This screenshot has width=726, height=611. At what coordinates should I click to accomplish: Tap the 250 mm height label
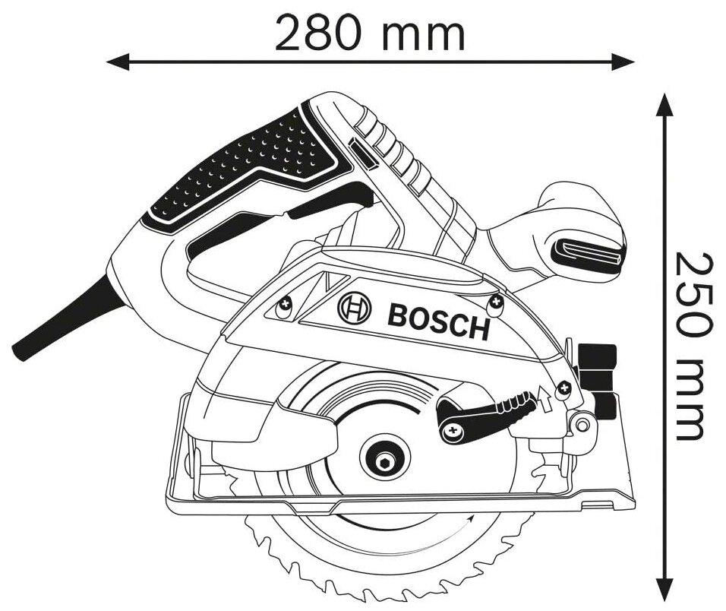pos(694,346)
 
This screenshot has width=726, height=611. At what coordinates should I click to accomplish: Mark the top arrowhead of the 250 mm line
pos(665,103)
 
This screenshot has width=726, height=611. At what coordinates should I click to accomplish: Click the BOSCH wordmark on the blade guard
pos(438,320)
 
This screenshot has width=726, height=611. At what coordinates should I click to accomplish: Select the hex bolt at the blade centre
pos(384,462)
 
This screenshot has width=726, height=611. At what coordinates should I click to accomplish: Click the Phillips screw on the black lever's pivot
pos(453,431)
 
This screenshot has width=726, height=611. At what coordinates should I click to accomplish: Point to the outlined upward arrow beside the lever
pos(544,397)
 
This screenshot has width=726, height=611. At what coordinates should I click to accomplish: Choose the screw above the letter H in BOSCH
pos(495,303)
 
